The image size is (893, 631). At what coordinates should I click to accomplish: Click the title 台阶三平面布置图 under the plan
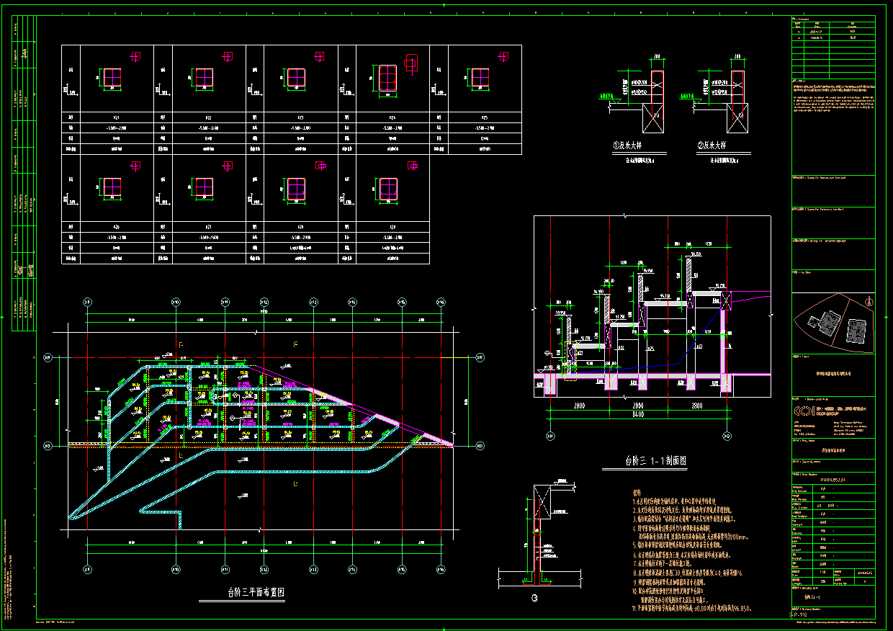tap(256, 593)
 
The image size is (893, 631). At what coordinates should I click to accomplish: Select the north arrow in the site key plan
tap(870, 303)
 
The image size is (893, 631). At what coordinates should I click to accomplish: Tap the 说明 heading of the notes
tap(636, 491)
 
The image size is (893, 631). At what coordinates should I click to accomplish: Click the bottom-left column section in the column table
tap(112, 189)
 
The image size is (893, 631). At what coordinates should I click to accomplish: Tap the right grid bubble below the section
tap(724, 435)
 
